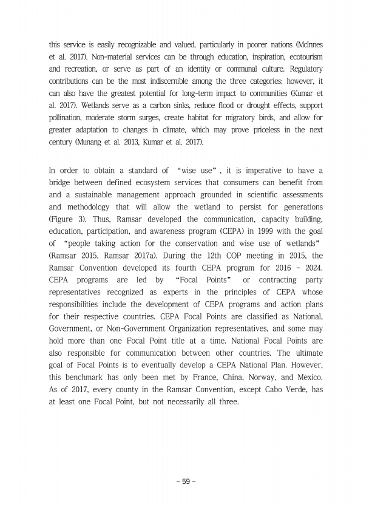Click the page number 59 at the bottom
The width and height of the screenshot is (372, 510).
186,481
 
